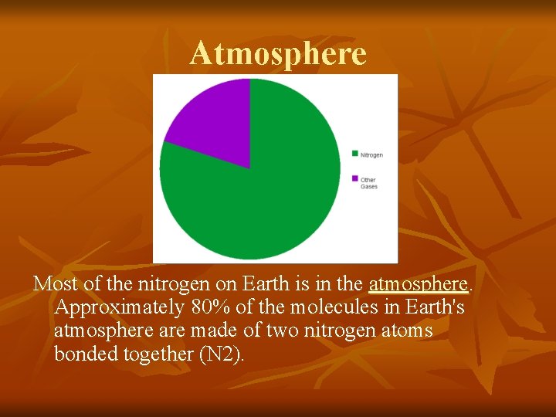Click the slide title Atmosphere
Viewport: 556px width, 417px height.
(278, 53)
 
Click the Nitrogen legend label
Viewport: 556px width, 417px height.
(371, 155)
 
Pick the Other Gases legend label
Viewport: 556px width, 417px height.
(368, 183)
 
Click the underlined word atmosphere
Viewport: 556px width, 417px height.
(418, 284)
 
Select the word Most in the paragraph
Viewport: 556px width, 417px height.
(56, 284)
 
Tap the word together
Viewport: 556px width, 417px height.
(154, 354)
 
